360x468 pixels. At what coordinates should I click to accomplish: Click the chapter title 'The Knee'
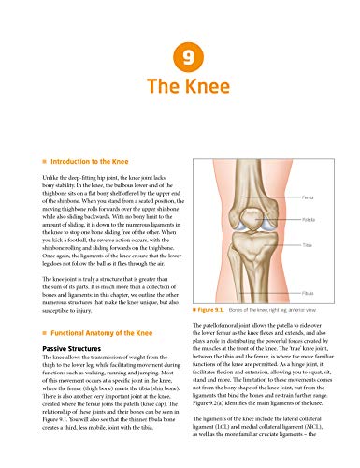click(180, 91)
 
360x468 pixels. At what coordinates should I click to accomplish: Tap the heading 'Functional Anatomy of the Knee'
click(86, 306)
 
